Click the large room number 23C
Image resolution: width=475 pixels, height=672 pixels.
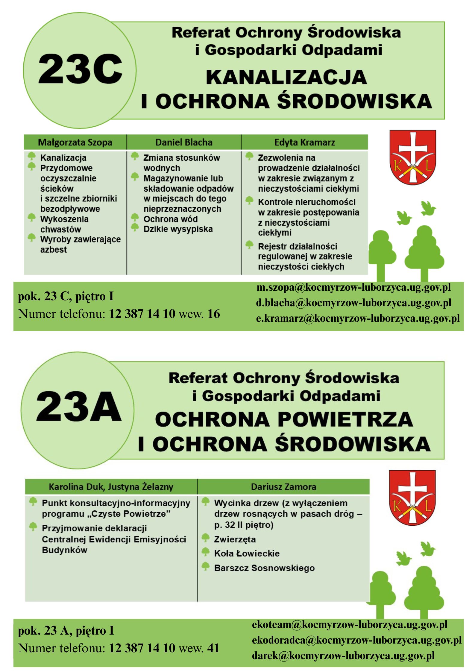click(x=80, y=69)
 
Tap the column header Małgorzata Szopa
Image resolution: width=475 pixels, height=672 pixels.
click(x=75, y=142)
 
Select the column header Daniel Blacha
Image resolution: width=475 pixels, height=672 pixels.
click(x=184, y=142)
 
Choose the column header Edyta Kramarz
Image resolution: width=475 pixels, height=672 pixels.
click(x=304, y=142)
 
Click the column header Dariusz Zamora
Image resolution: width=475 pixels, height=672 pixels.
click(x=283, y=487)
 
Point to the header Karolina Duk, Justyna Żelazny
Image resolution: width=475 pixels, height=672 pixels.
click(x=111, y=487)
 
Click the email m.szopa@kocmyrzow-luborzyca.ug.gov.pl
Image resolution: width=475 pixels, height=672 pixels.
click(x=353, y=287)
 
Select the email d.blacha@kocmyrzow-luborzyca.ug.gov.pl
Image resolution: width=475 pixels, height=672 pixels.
click(x=353, y=303)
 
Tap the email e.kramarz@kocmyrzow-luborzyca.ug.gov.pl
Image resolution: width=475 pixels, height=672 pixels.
click(x=358, y=318)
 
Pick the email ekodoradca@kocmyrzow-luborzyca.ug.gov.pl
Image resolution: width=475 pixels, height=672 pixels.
click(x=356, y=640)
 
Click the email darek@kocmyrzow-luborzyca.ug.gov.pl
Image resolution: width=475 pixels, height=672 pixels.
click(x=343, y=656)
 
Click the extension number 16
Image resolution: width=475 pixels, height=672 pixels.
click(x=214, y=314)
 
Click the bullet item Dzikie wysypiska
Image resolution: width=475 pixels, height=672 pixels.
click(x=178, y=229)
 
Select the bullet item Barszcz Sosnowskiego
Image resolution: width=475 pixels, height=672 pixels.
click(x=264, y=568)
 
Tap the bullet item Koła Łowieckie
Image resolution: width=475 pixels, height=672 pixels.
click(x=247, y=553)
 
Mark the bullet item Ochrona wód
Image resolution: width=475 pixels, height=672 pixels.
click(x=171, y=219)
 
